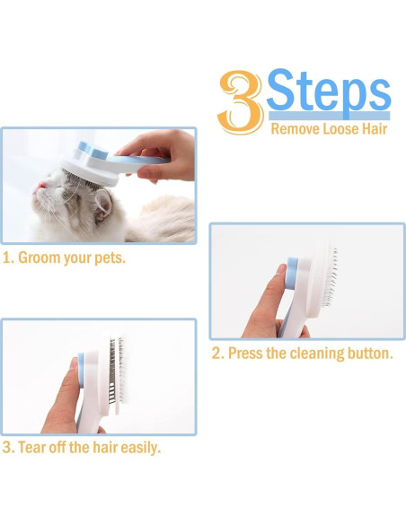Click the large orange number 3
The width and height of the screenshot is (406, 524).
point(240,102)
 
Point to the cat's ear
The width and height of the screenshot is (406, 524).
point(103,206)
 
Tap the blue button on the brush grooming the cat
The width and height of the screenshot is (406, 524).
point(93,151)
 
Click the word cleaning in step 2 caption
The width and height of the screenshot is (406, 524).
point(317,354)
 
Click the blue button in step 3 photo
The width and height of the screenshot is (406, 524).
point(81,371)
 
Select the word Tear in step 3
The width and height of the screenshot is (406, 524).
point(31,448)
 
